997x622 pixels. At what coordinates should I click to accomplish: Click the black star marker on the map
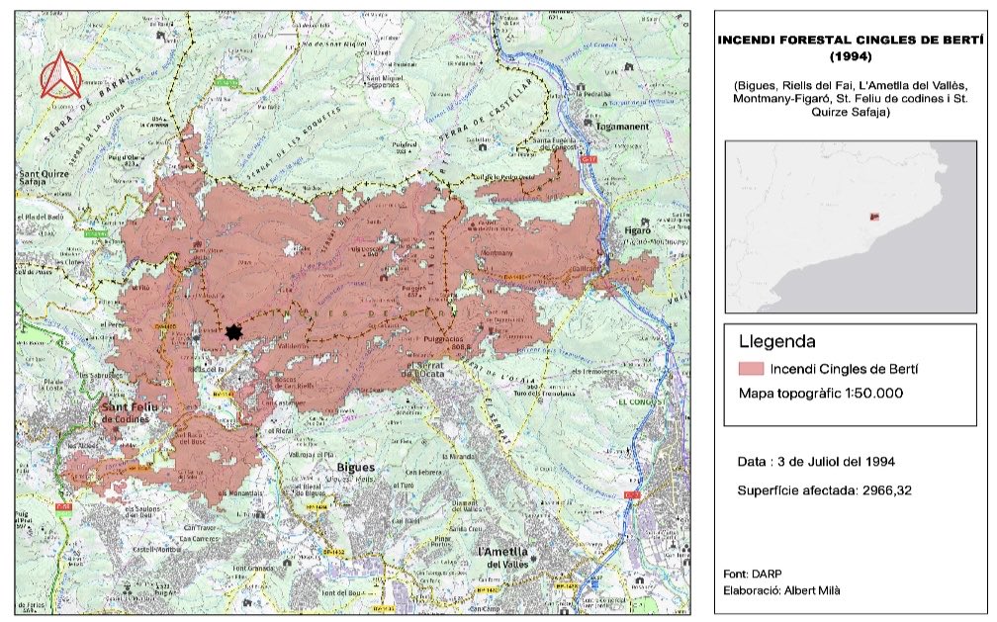(x=233, y=333)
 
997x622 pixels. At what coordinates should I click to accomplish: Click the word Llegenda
(x=776, y=343)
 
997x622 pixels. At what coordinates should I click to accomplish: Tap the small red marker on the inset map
(x=873, y=217)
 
